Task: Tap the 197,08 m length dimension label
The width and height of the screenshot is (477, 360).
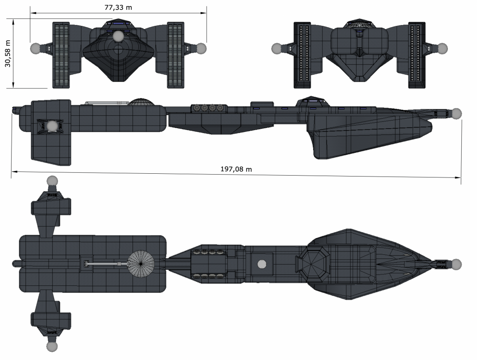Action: click(x=236, y=169)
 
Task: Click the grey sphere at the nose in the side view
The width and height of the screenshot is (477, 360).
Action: click(x=456, y=113)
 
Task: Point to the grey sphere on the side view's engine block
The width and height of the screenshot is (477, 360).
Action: click(x=53, y=126)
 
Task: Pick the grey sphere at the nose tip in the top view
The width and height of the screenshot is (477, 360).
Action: click(x=456, y=264)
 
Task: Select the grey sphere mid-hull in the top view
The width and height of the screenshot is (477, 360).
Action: click(x=262, y=264)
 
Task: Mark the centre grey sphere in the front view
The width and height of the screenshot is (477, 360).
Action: click(x=119, y=36)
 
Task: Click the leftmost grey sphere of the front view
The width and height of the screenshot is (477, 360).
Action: click(x=36, y=48)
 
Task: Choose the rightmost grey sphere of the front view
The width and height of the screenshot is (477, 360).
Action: click(x=201, y=48)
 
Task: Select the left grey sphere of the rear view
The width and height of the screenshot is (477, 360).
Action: click(x=277, y=48)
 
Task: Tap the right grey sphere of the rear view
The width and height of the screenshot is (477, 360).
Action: click(x=442, y=48)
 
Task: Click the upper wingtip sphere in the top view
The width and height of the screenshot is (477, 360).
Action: click(x=52, y=181)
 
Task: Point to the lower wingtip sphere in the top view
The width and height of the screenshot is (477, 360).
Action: click(x=52, y=347)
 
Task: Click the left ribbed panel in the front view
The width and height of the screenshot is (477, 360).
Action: click(x=61, y=55)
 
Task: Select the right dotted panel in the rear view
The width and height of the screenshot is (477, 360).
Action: click(x=417, y=55)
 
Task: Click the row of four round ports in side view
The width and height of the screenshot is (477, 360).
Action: click(x=208, y=108)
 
